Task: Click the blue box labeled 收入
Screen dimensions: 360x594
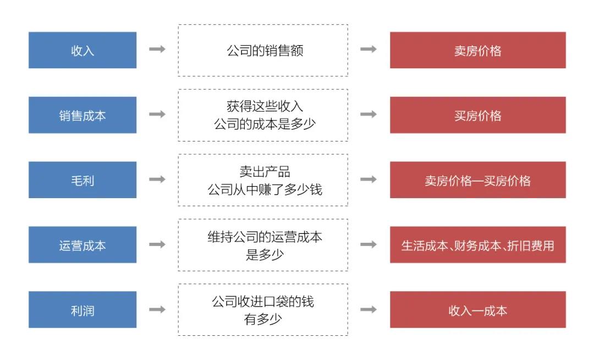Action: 82,50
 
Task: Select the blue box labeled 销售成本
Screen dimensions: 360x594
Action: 82,115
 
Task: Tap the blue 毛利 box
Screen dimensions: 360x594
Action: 82,180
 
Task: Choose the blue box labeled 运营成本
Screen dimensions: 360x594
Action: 82,245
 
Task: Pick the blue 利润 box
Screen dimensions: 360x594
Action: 82,310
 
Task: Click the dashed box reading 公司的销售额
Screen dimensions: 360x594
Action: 263,50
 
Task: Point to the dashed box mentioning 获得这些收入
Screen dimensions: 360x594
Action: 263,115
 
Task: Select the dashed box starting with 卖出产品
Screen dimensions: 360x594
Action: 263,180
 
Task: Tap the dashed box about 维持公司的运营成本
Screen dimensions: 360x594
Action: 263,245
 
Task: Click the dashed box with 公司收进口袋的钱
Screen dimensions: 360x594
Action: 263,310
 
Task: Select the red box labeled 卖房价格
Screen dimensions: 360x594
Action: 478,50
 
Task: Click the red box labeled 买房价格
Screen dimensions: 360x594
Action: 478,115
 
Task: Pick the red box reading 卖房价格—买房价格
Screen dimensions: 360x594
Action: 478,180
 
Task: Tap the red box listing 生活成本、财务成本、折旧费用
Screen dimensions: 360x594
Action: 478,245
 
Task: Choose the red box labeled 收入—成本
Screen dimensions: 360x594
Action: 478,310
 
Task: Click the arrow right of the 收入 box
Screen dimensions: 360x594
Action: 157,49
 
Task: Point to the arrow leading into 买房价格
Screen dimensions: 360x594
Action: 369,114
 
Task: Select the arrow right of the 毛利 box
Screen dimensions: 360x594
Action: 157,179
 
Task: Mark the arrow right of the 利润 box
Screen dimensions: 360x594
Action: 157,309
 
